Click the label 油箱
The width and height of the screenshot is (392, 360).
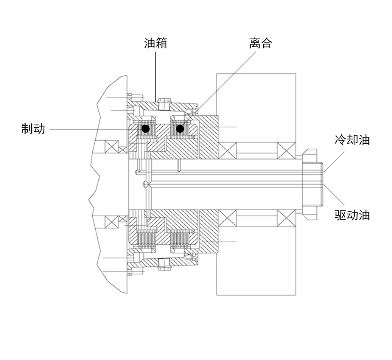(156, 43)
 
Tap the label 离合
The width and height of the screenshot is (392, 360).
(261, 43)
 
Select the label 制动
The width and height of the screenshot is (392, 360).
(33, 129)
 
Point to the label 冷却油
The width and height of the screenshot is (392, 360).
(352, 140)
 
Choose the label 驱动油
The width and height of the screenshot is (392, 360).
(352, 215)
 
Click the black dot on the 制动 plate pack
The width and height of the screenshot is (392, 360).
(146, 129)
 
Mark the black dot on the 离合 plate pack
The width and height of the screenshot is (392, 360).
(180, 129)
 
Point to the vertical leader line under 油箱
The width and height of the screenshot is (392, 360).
(156, 77)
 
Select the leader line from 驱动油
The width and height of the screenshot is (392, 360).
(334, 194)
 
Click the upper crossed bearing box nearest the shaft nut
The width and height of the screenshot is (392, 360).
(286, 150)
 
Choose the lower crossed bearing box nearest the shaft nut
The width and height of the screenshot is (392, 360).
(286, 218)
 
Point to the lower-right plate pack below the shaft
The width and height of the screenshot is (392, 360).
(180, 239)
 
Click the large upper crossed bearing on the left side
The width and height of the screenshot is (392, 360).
(112, 147)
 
